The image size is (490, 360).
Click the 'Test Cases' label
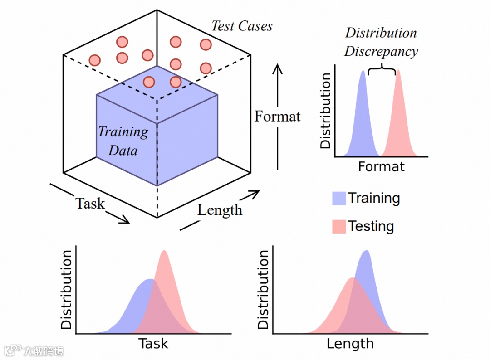coord(242,26)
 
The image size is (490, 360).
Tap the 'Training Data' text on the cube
coord(123,141)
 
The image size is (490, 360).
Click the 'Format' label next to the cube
coord(277,117)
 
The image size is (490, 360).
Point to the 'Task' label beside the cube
coord(90,204)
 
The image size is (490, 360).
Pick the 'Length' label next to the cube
coord(220,210)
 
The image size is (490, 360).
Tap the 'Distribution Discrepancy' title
coord(381,42)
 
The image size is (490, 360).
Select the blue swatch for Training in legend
coord(339,199)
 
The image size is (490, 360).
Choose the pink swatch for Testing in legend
coord(339,226)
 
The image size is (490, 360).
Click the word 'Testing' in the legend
coord(371,226)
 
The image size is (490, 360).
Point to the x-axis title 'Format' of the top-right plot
coord(381,167)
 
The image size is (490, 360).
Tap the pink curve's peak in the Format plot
coord(398,71)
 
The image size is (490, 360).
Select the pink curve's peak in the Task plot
coord(164,252)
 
